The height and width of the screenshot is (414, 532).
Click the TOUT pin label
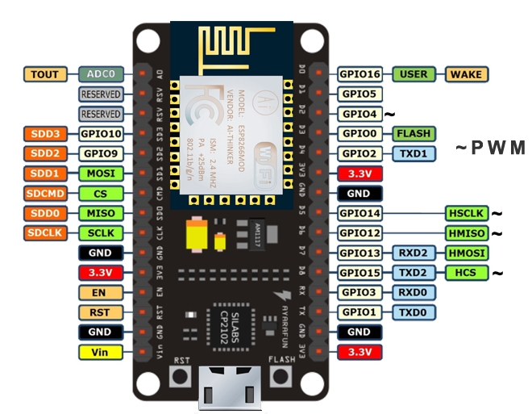point(46,74)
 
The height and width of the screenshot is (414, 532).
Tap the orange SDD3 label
point(46,133)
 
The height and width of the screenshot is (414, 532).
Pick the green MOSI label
point(101,173)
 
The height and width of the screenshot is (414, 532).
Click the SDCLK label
point(46,232)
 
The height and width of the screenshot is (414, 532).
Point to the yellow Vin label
point(101,352)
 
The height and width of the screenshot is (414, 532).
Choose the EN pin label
point(101,292)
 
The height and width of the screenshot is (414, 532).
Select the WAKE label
point(465,74)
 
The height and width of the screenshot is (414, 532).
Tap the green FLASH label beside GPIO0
point(414,133)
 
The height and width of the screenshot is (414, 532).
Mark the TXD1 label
point(414,153)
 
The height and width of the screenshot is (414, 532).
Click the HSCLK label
point(466,213)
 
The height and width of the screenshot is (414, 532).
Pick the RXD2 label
point(414,253)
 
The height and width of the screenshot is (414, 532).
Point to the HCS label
point(466,273)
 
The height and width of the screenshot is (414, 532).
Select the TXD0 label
point(414,312)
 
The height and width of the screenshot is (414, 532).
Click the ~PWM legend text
point(490,148)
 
